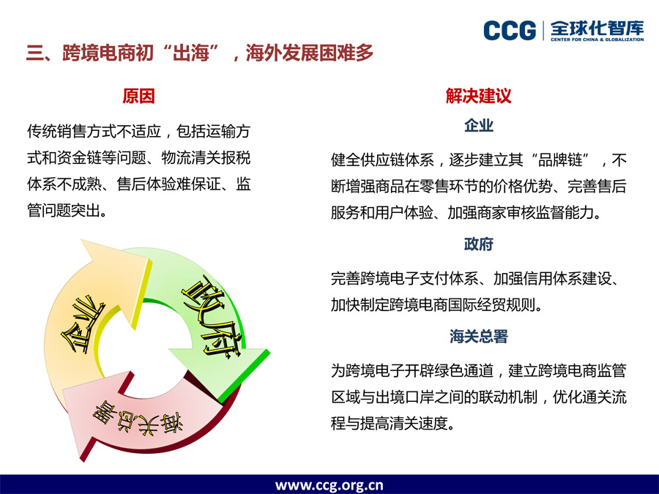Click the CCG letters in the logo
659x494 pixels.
pos(510,31)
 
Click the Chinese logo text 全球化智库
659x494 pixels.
pos(597,28)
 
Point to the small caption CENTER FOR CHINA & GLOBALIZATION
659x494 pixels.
pos(597,40)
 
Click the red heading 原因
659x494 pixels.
pos(138,96)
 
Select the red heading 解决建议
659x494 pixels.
pos(478,96)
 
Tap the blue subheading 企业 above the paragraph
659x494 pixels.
pos(479,125)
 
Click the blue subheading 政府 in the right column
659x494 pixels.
pos(479,244)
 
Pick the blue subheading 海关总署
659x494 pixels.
pos(479,336)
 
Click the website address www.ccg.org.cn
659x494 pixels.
pos(329,485)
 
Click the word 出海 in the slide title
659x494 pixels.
pos(191,53)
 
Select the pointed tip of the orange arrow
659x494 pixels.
pos(82,240)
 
